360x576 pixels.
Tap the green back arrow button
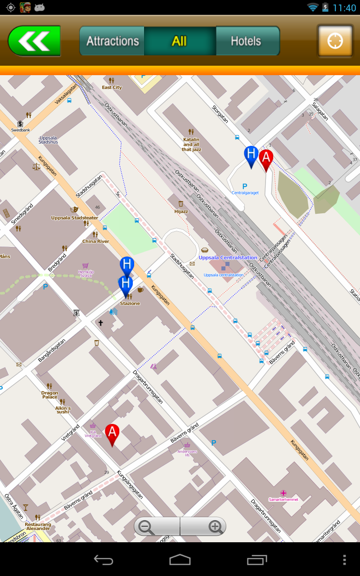click(x=34, y=41)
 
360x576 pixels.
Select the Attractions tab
click(x=112, y=41)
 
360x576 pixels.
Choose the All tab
click(x=179, y=41)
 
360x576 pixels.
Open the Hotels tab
click(x=246, y=41)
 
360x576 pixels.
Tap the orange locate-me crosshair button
click(x=335, y=41)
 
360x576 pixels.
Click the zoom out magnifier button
click(x=147, y=526)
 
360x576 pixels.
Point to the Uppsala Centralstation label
click(x=228, y=258)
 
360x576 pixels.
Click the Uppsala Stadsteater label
click(x=75, y=218)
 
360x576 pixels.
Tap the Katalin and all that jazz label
click(x=191, y=144)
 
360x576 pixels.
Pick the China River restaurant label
click(x=95, y=241)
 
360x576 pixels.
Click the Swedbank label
click(x=21, y=130)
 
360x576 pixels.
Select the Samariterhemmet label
click(x=283, y=499)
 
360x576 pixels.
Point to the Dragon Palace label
click(x=49, y=395)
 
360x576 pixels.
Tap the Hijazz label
click(x=181, y=211)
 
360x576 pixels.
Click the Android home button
click(x=180, y=559)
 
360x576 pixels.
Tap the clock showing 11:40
click(x=344, y=8)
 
